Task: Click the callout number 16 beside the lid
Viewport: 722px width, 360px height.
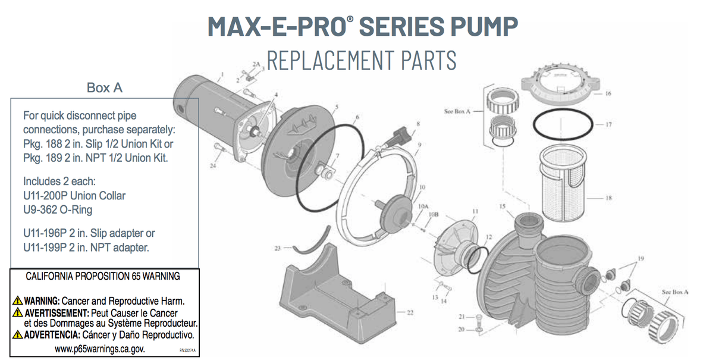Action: pyautogui.click(x=608, y=93)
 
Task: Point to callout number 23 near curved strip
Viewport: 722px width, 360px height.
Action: pyautogui.click(x=277, y=248)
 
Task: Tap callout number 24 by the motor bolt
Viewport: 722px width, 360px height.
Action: pyautogui.click(x=213, y=166)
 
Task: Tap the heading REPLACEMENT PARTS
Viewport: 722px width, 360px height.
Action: pyautogui.click(x=362, y=60)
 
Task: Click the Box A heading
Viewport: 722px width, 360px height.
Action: pyautogui.click(x=105, y=87)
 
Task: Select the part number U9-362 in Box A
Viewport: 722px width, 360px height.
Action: pyautogui.click(x=42, y=209)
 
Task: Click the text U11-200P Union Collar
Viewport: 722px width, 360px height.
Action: pyautogui.click(x=74, y=195)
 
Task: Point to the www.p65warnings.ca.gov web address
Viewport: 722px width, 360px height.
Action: pyautogui.click(x=100, y=349)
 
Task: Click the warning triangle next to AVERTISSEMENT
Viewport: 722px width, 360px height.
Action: pyautogui.click(x=18, y=312)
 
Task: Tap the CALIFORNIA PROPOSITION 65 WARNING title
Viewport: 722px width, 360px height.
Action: pyautogui.click(x=103, y=277)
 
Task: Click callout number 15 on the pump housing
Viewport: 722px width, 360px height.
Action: pyautogui.click(x=503, y=206)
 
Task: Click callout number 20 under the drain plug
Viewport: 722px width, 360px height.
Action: pyautogui.click(x=460, y=329)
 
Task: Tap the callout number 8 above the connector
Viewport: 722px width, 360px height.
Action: pyautogui.click(x=418, y=124)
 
